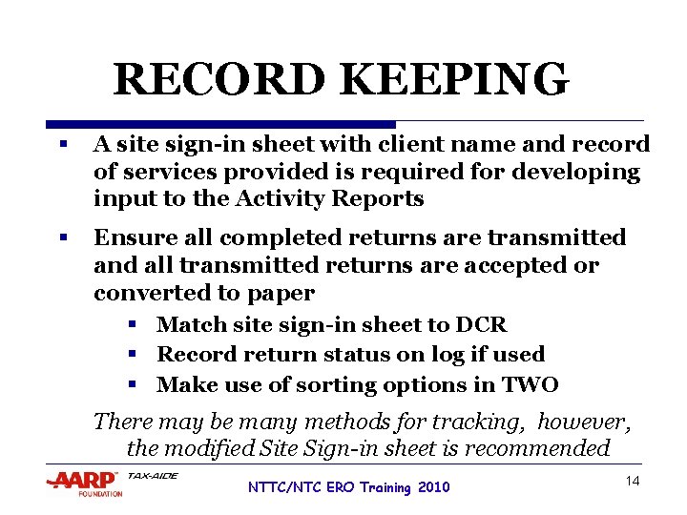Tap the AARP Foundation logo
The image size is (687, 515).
(x=83, y=483)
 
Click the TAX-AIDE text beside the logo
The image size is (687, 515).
(x=153, y=475)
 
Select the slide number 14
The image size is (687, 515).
(x=632, y=482)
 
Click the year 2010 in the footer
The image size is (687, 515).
(x=432, y=488)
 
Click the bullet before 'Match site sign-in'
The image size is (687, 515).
(x=135, y=325)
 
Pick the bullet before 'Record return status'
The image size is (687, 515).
(x=135, y=355)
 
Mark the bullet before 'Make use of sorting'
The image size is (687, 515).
(x=135, y=385)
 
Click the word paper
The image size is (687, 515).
(x=281, y=293)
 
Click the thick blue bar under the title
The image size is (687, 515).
(x=220, y=124)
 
